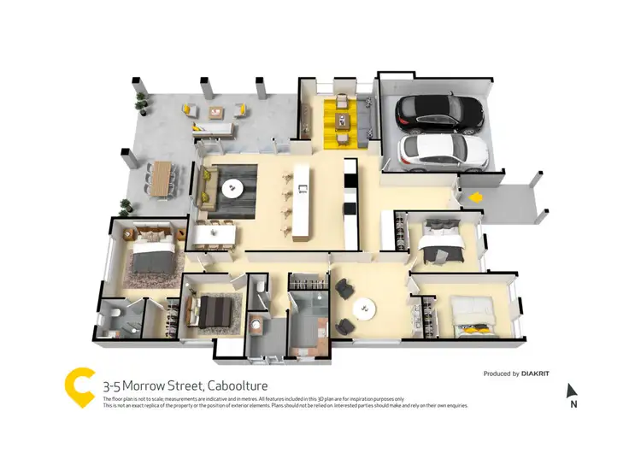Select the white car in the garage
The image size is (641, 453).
click(x=444, y=151)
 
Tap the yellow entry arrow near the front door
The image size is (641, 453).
click(x=472, y=197)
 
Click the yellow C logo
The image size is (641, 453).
click(x=79, y=387)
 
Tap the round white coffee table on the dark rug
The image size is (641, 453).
click(x=232, y=187)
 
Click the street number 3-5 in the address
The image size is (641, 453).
click(x=114, y=385)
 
